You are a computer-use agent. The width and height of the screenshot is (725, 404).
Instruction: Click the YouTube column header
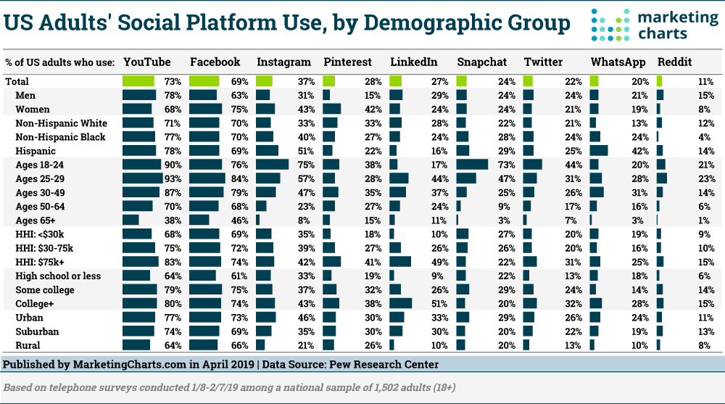[147, 62]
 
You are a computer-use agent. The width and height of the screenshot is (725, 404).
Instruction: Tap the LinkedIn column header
[414, 62]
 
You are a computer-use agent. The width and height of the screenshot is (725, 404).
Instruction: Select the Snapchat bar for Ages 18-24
[472, 165]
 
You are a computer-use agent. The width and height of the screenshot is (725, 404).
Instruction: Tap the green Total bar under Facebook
[204, 81]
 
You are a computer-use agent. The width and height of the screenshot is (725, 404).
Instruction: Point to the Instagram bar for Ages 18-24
[272, 165]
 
